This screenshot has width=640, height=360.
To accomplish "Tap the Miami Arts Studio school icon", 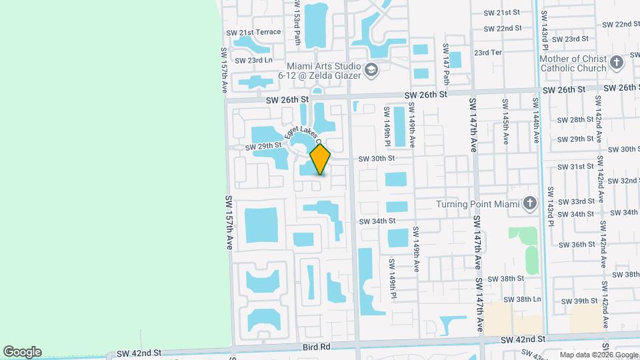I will point(371,69).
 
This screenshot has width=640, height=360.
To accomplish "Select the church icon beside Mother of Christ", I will point(617,63).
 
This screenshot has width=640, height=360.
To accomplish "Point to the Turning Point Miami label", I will point(477,204).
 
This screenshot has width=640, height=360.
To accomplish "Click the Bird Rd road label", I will point(316,347).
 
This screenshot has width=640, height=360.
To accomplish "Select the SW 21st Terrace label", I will point(254,32).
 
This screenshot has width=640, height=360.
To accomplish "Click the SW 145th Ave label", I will point(505,122).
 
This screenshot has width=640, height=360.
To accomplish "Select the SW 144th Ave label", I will point(535,120).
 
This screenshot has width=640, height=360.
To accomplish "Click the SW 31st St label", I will point(577,167).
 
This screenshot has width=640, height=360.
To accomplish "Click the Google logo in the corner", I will point(22,352).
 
